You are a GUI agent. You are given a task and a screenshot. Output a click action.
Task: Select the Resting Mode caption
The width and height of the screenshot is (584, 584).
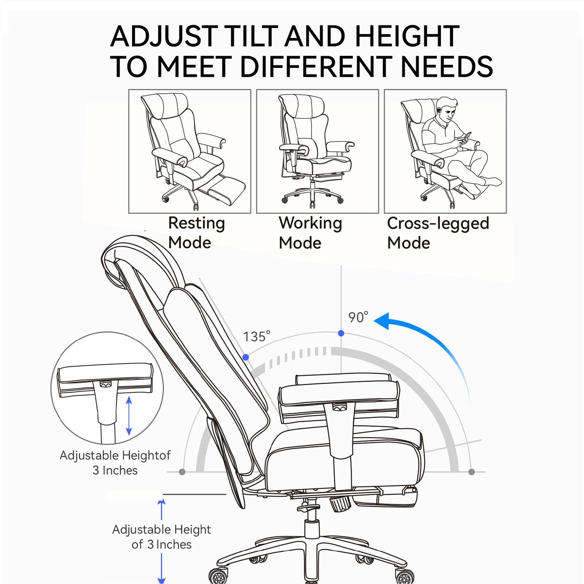pos(196,233)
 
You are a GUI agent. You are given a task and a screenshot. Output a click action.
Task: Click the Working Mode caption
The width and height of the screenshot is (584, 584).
pos(310,233)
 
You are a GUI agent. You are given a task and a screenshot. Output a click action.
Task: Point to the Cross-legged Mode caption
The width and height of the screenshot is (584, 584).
pos(438,233)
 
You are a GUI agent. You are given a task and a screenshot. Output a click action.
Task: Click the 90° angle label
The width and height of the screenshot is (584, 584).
pos(358,317)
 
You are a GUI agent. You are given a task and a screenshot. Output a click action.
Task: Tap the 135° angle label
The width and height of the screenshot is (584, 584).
pos(256,336)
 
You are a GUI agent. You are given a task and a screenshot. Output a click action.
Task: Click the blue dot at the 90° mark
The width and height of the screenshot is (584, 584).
pos(341,333)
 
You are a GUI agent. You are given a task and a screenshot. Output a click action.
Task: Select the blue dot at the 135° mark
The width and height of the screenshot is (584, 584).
pos(246,357)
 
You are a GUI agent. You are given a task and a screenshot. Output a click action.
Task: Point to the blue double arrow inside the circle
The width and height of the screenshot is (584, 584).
pos(129,416)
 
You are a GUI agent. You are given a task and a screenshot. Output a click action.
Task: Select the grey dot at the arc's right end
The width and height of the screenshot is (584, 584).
pos(471,472)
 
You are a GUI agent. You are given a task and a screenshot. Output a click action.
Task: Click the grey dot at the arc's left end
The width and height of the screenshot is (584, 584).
pos(182,472)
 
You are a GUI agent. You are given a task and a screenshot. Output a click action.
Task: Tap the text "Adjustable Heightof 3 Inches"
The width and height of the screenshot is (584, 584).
pos(115,463)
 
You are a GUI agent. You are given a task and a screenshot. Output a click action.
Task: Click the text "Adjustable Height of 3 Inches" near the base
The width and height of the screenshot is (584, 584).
pos(161,537)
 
